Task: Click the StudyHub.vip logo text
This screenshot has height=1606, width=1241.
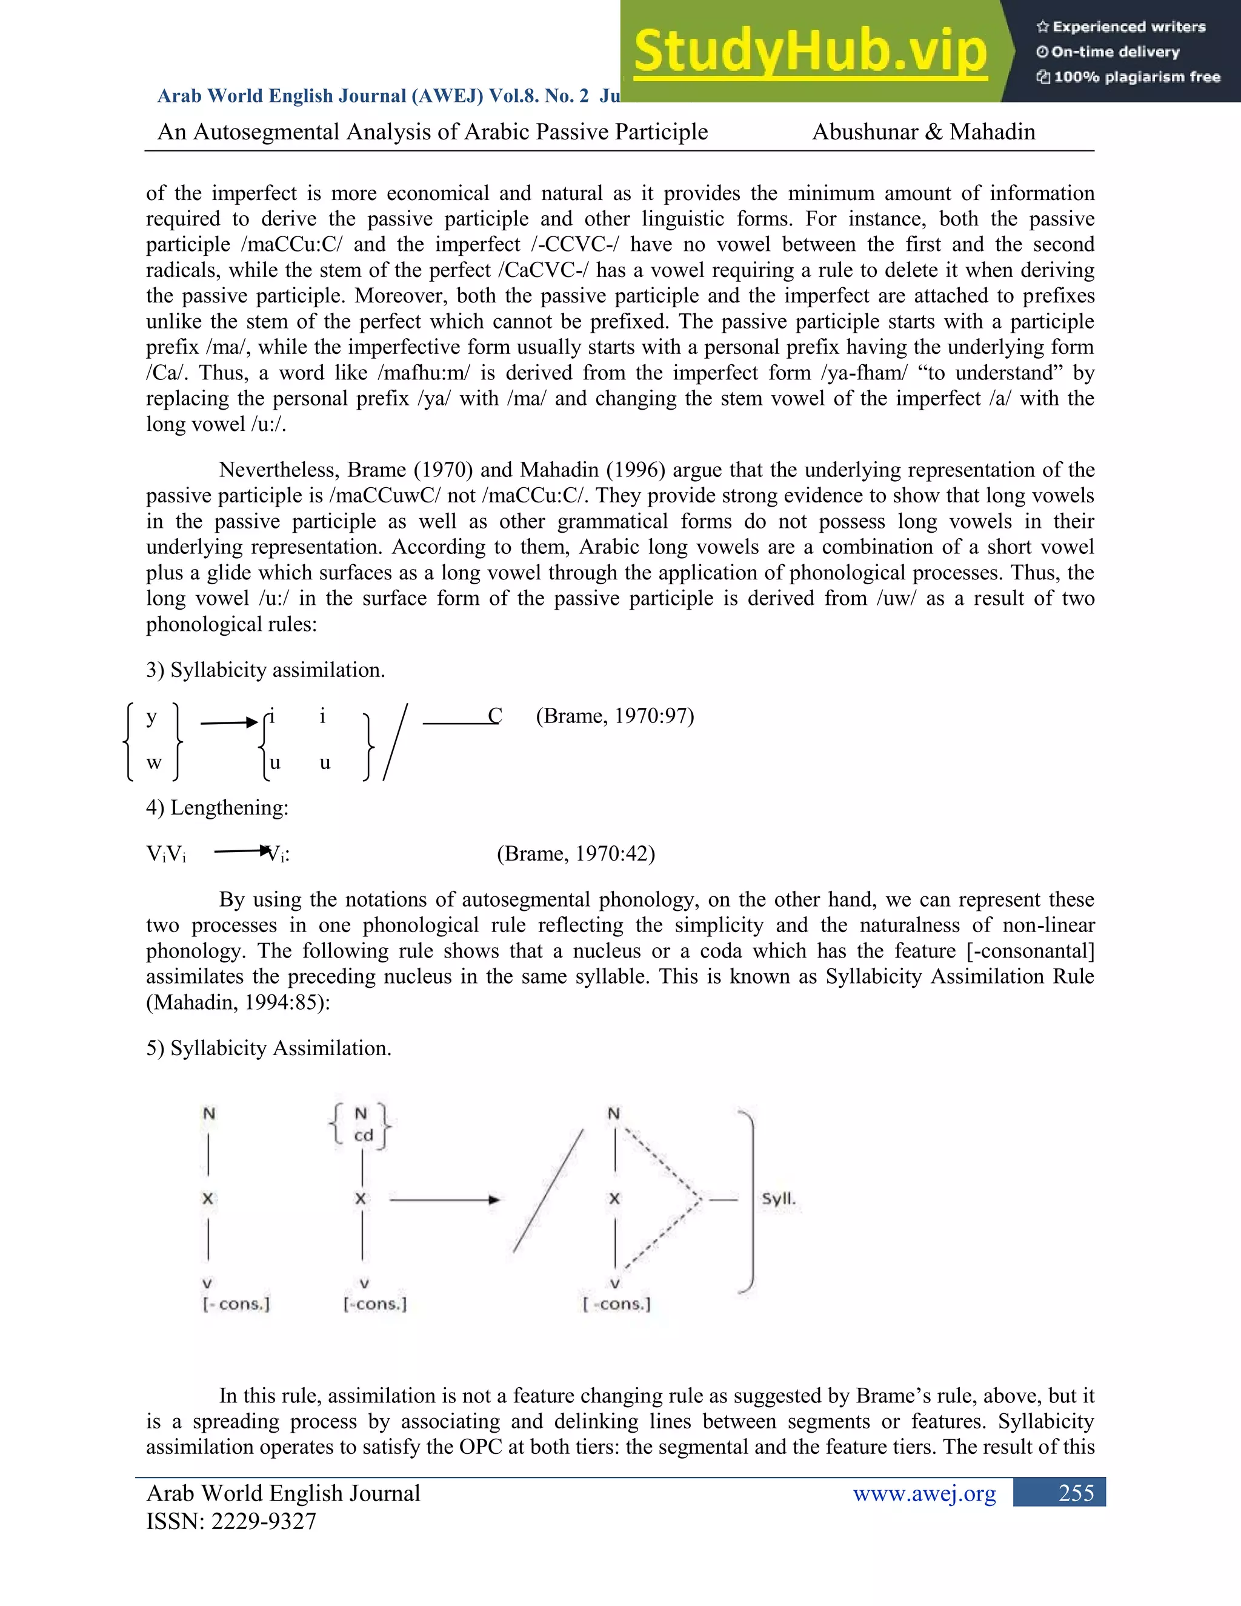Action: point(810,52)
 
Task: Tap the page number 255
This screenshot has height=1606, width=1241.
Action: point(1076,1493)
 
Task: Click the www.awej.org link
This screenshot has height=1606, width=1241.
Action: point(924,1493)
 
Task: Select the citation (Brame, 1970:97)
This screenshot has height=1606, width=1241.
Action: point(614,716)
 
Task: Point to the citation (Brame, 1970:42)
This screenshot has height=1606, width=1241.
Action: point(576,853)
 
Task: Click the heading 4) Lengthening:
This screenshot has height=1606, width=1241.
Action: point(217,807)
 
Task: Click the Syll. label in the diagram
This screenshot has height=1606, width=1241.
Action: point(778,1199)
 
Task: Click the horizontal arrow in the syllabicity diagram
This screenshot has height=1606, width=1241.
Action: point(444,1199)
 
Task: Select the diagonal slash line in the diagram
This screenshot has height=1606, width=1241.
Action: point(548,1191)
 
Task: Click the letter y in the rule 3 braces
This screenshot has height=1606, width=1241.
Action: point(151,716)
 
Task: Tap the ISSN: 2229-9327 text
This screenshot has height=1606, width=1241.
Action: point(231,1521)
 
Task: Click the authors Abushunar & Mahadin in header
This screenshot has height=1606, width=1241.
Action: point(923,132)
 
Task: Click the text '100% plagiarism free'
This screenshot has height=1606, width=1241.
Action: point(1136,77)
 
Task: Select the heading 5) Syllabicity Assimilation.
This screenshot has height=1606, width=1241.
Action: point(268,1047)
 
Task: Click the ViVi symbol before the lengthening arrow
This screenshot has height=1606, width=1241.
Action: point(166,854)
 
